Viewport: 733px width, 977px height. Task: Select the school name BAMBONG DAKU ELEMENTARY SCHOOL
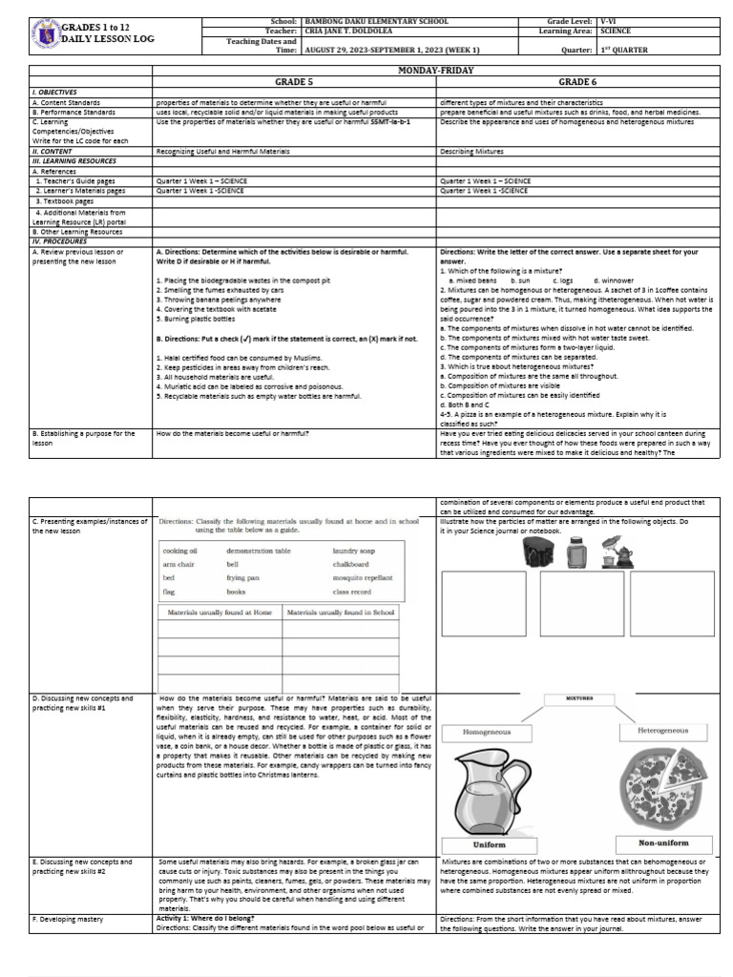[373, 20]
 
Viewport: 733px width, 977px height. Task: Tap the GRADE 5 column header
[294, 83]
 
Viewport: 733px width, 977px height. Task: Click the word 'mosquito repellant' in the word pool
[363, 578]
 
